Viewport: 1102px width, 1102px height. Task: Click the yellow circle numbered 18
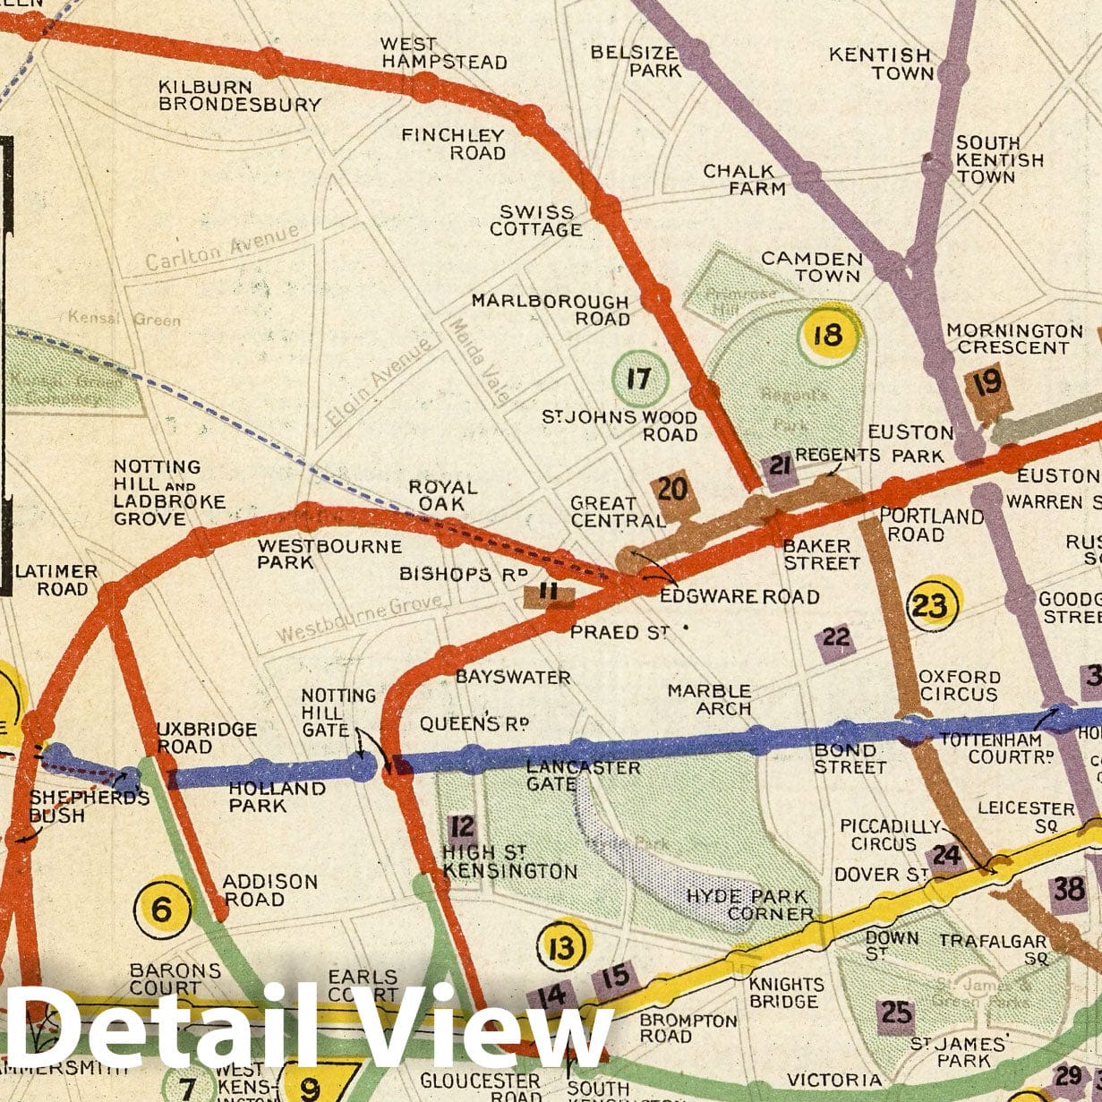click(x=828, y=336)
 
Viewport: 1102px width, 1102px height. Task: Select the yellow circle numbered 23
click(x=932, y=606)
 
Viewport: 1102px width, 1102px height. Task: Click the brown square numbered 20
click(x=672, y=491)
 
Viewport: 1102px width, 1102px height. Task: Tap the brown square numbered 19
click(x=987, y=385)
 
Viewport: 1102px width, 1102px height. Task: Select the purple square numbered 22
click(x=835, y=638)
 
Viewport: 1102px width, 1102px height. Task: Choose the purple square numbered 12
click(x=462, y=826)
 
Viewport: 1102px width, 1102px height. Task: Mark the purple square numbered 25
click(x=896, y=1012)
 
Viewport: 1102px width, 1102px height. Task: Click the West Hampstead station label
click(x=444, y=53)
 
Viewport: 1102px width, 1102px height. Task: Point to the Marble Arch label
click(x=709, y=699)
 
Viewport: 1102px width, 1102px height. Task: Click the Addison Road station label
click(x=269, y=890)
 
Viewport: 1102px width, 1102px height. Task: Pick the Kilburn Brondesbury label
click(x=239, y=96)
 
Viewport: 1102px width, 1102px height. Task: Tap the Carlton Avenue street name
click(x=222, y=248)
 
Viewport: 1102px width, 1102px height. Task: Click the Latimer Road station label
click(x=56, y=580)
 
